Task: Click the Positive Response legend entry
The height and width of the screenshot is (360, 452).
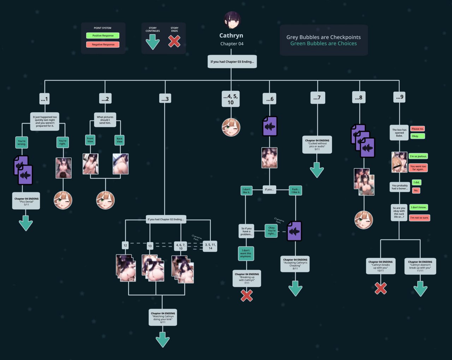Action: coord(103,36)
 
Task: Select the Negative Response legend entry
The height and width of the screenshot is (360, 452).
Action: coord(103,44)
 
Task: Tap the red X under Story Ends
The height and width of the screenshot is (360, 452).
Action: coord(174,41)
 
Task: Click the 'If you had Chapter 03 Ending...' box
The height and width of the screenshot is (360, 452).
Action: coord(232,62)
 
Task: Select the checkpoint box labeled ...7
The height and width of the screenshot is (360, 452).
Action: coord(317,98)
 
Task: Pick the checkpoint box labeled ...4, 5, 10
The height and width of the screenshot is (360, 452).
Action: coord(231,99)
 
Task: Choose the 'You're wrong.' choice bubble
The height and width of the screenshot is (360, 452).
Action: coord(22,142)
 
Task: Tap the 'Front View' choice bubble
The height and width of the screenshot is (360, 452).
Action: coord(90,140)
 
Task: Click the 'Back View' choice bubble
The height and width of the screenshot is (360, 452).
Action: coord(120,140)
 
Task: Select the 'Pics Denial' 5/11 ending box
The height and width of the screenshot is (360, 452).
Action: coord(26,201)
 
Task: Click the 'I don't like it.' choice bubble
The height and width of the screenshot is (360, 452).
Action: coord(246,191)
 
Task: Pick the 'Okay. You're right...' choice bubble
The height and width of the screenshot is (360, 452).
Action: coord(271,230)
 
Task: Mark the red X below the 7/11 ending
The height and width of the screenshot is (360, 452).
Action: coord(246,295)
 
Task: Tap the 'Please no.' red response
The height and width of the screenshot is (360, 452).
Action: coord(417,129)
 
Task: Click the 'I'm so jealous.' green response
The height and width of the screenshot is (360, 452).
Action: coord(418,156)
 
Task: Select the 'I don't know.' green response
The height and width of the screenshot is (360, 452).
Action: coord(419,208)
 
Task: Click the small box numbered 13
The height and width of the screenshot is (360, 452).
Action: coord(150,246)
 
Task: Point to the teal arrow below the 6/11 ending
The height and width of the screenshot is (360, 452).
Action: coord(162,339)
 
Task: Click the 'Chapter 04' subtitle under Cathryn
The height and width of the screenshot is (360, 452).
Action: coord(232,44)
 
